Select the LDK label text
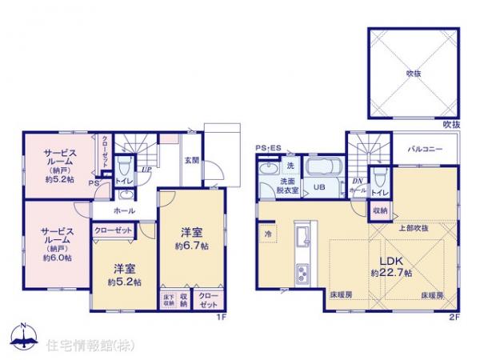click(x=390, y=259)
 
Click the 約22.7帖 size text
click(x=390, y=273)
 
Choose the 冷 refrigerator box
click(x=267, y=234)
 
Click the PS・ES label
click(x=268, y=148)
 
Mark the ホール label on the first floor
click(x=123, y=211)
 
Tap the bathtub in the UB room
click(x=323, y=169)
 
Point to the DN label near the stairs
click(x=356, y=181)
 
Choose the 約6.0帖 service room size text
click(x=57, y=258)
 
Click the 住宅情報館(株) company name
click(x=80, y=346)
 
